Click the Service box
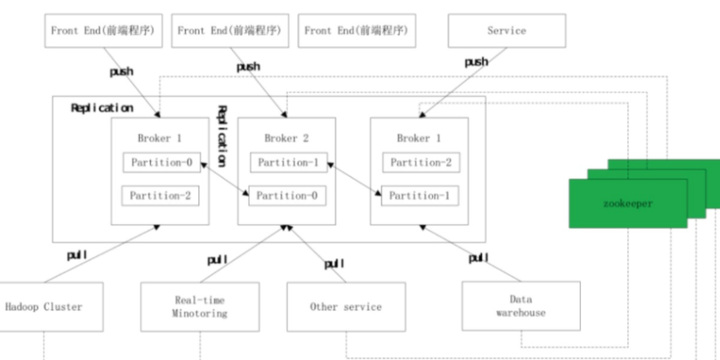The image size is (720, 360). pyautogui.click(x=505, y=31)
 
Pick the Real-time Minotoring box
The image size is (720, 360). pyautogui.click(x=199, y=306)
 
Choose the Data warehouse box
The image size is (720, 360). pyautogui.click(x=521, y=306)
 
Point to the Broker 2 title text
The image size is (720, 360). pyautogui.click(x=286, y=137)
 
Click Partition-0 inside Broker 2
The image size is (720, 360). pyautogui.click(x=286, y=195)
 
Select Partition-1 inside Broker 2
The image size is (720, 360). pyautogui.click(x=286, y=162)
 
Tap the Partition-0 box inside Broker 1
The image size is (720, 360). pyautogui.click(x=160, y=162)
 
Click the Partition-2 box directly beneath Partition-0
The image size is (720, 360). pyautogui.click(x=160, y=195)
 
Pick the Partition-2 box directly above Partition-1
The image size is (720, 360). pyautogui.click(x=419, y=162)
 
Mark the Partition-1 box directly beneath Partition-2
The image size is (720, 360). pyautogui.click(x=419, y=195)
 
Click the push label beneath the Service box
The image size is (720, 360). pyautogui.click(x=476, y=62)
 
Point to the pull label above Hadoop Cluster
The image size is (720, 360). pyautogui.click(x=77, y=255)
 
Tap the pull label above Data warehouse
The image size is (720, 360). pyautogui.click(x=478, y=258)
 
